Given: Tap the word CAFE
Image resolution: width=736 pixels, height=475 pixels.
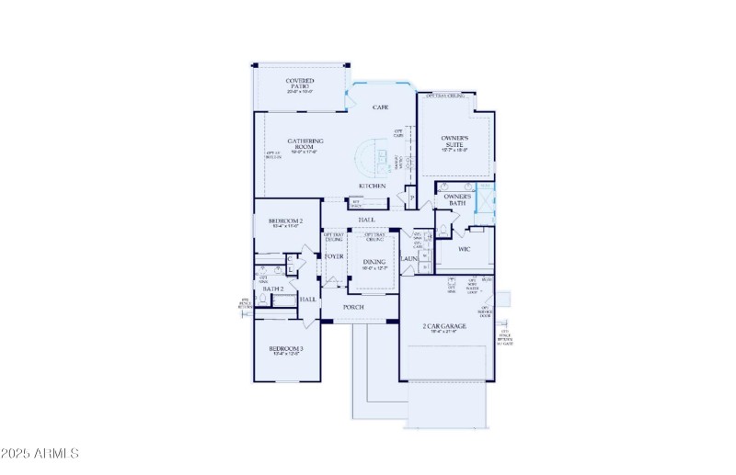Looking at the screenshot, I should tap(380, 107).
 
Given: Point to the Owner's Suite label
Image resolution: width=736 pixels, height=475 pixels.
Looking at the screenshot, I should tap(455, 140).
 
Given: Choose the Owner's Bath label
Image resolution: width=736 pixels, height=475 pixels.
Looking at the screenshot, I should tap(457, 199).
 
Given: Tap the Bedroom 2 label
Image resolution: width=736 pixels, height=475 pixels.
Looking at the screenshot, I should tap(286, 221).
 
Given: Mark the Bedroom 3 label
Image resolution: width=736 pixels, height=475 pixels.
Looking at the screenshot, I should tap(286, 349).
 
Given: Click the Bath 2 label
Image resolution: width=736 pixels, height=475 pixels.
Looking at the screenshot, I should tap(272, 288).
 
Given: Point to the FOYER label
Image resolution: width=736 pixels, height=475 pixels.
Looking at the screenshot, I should tap(333, 256).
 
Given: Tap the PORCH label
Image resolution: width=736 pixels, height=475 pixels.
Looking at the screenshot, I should tap(353, 307).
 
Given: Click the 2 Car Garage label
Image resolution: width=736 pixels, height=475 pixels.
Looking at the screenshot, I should tap(444, 326).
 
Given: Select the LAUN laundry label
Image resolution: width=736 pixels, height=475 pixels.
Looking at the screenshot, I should tap(409, 258).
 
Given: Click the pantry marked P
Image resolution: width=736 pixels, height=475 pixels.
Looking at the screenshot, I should tap(411, 198).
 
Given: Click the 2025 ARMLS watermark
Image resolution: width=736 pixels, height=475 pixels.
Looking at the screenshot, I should tap(40, 454).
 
